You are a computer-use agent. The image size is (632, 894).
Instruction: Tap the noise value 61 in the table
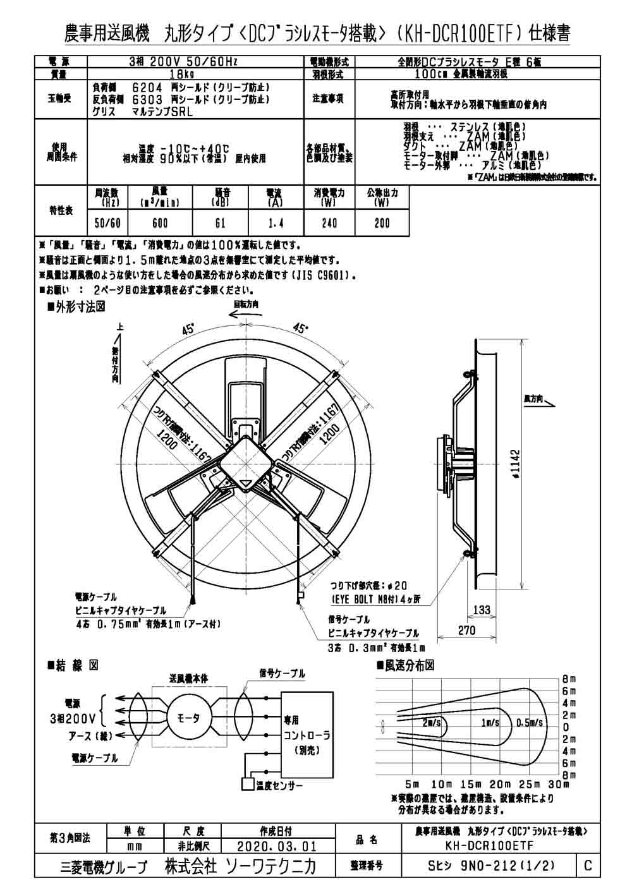tap(219, 223)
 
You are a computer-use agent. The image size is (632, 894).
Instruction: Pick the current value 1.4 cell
tap(276, 223)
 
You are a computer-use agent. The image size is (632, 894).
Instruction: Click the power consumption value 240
tap(329, 223)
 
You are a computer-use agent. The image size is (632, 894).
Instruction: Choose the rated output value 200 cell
tap(382, 223)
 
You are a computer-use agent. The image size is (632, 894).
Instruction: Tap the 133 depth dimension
tap(482, 610)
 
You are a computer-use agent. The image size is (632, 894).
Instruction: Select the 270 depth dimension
tap(467, 631)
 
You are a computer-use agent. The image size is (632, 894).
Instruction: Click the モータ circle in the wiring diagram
tap(188, 718)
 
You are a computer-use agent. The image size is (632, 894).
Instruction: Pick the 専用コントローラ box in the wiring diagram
tap(307, 735)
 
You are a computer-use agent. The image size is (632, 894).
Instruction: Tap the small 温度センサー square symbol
tap(246, 785)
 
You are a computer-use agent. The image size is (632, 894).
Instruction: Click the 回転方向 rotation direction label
tap(246, 304)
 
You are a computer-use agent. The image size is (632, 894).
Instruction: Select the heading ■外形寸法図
tap(76, 306)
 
